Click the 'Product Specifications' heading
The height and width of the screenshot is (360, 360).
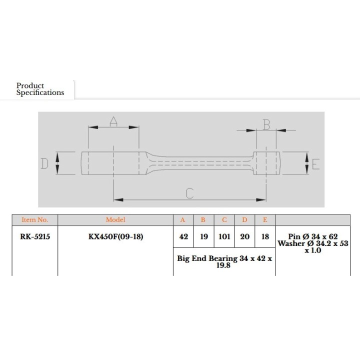point(40,89)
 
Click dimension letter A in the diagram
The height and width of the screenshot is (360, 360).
point(113,121)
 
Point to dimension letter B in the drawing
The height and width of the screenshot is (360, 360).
point(266,125)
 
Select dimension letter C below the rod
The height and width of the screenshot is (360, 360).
point(189,193)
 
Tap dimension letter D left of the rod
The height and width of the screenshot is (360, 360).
point(44,163)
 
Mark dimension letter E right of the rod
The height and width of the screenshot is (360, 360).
point(315,164)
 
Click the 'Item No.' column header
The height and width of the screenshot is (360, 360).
point(35,220)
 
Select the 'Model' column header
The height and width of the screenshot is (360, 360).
point(115,220)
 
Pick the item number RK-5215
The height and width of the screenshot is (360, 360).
point(35,236)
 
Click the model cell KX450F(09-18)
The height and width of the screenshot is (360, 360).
point(115,236)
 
